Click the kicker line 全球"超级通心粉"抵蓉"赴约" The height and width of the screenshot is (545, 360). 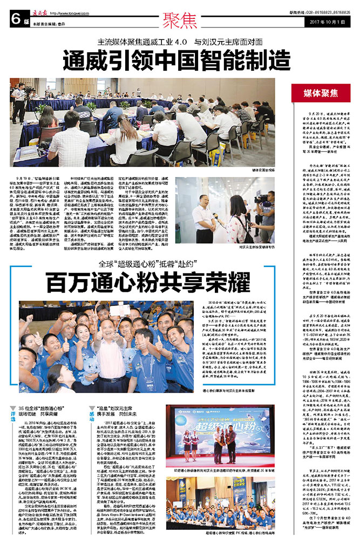pos(148,264)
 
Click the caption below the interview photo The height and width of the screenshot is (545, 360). pos(268,247)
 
